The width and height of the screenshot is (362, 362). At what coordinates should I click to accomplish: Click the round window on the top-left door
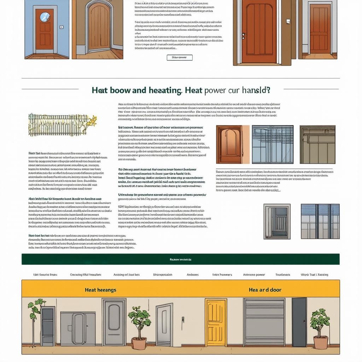pyautogui.click(x=45, y=17)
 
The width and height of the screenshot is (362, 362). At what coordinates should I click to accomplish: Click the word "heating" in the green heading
pyautogui.click(x=164, y=90)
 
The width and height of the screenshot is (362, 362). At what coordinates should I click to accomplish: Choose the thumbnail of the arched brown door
pyautogui.click(x=229, y=144)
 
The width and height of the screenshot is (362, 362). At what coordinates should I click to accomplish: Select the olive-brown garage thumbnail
pyautogui.click(x=317, y=144)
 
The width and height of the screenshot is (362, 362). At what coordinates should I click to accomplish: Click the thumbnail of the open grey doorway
pyautogui.click(x=277, y=221)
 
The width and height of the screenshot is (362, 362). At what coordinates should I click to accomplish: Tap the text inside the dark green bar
pyautogui.click(x=180, y=259)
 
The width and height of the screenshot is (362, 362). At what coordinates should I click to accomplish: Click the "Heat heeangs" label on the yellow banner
pyautogui.click(x=100, y=290)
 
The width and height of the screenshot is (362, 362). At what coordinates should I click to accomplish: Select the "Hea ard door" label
pyautogui.click(x=265, y=290)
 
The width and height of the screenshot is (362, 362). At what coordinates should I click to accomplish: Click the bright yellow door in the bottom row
pyautogui.click(x=216, y=322)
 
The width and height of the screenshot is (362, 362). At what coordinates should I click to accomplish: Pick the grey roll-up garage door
pyautogui.click(x=264, y=322)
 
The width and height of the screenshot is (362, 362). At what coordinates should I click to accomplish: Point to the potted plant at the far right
pyautogui.click(x=320, y=329)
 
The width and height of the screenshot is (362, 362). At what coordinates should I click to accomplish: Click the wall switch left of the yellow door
pyautogui.click(x=183, y=319)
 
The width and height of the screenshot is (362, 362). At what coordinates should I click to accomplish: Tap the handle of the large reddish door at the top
pyautogui.click(x=243, y=35)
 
